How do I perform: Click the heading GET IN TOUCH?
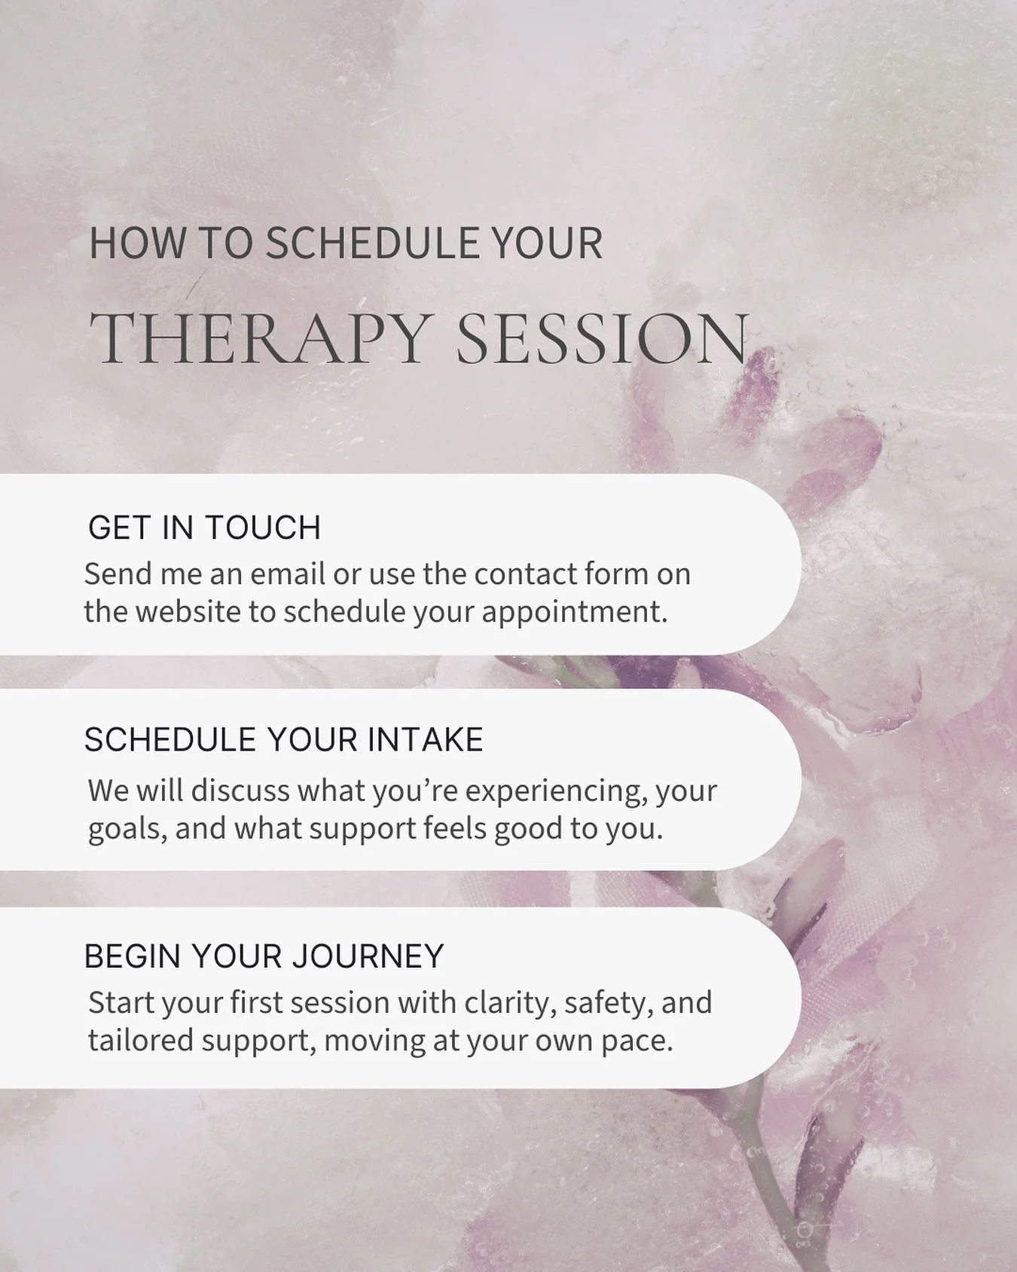pyautogui.click(x=204, y=527)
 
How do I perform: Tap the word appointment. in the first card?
pyautogui.click(x=575, y=612)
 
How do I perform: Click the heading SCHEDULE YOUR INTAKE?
pyautogui.click(x=283, y=740)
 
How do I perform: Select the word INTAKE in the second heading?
pyautogui.click(x=426, y=740)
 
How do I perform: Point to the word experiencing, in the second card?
pyautogui.click(x=557, y=791)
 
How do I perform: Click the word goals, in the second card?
pyautogui.click(x=127, y=829)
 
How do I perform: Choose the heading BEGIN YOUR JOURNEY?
pyautogui.click(x=264, y=956)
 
